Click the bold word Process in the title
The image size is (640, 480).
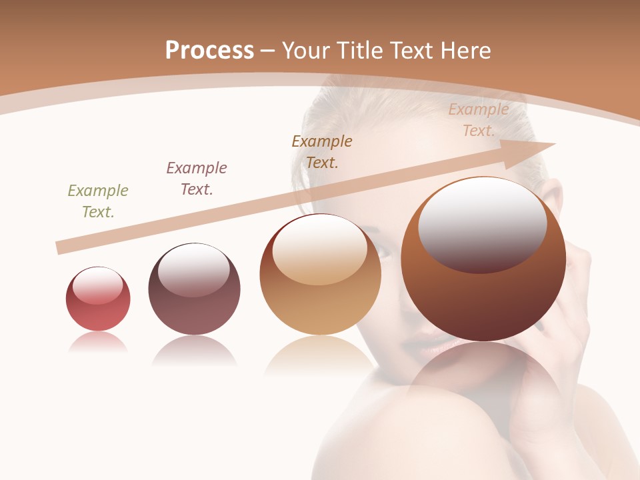pyautogui.click(x=209, y=50)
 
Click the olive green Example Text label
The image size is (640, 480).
pyautogui.click(x=98, y=201)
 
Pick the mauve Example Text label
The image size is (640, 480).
pyautogui.click(x=197, y=179)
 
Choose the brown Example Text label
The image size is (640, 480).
pyautogui.click(x=322, y=151)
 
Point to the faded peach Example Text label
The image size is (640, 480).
pyautogui.click(x=479, y=120)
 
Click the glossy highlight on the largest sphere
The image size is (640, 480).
pyautogui.click(x=482, y=225)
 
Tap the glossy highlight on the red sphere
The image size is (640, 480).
pyautogui.click(x=97, y=285)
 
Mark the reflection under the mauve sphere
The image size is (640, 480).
pyautogui.click(x=194, y=350)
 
